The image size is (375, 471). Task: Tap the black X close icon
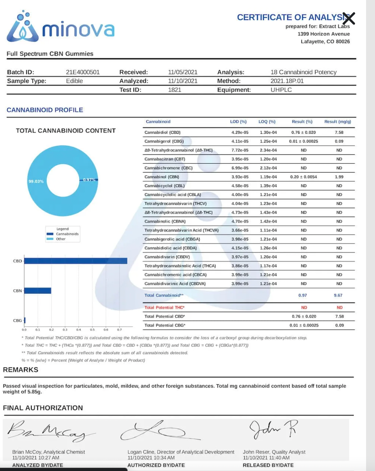[349, 19]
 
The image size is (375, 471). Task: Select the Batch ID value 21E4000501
[83, 72]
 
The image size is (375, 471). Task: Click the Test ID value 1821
[174, 90]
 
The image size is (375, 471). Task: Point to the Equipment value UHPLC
[281, 90]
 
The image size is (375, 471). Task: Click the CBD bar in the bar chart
[76, 261]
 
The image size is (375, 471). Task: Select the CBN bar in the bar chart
[38, 291]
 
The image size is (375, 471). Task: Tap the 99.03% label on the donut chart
[36, 181]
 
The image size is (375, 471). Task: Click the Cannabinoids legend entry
[67, 234]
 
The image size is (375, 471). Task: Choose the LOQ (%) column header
[267, 122]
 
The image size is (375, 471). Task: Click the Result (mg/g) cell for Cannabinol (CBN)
[339, 177]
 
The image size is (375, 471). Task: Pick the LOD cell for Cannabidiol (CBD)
[240, 132]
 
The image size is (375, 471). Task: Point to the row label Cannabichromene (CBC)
[168, 168]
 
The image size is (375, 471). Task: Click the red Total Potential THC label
[165, 308]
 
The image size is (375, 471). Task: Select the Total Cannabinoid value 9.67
[338, 295]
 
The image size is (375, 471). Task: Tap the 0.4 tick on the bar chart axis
[78, 330]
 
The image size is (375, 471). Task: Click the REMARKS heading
[21, 370]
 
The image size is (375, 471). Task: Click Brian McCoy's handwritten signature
[48, 431]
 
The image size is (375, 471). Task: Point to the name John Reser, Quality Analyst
[274, 452]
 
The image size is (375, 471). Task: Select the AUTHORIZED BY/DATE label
[156, 465]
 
